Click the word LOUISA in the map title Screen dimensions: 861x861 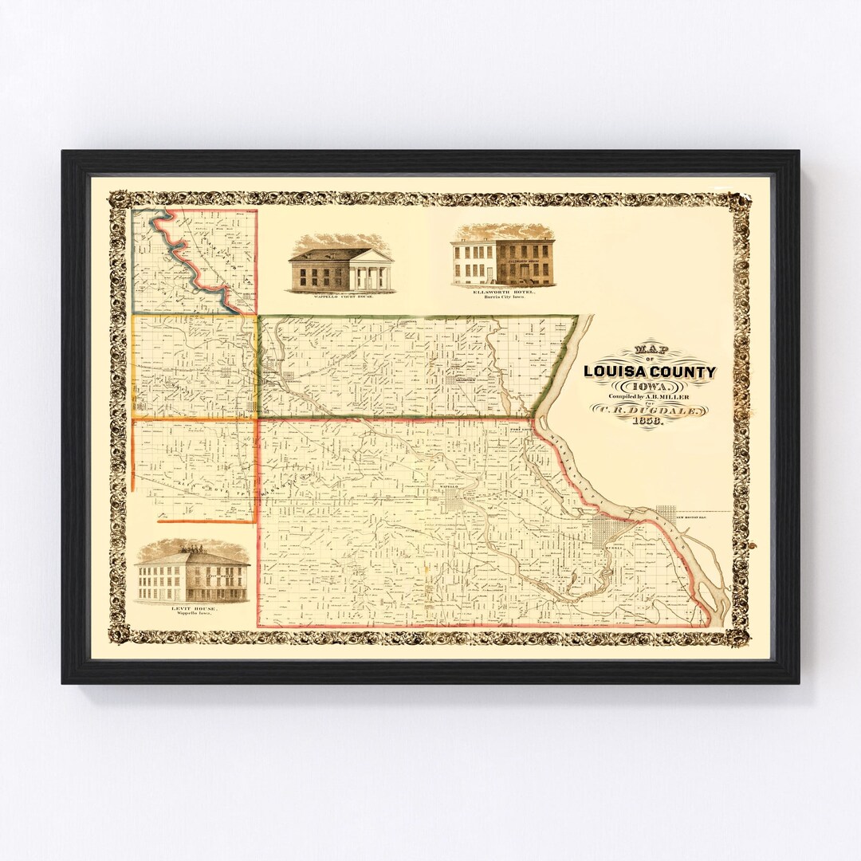(615, 372)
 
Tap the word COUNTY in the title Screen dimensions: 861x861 (682, 372)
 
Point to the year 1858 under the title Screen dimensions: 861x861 (649, 423)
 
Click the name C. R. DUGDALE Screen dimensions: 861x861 (649, 410)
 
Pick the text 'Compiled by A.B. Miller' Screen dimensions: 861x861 (649, 396)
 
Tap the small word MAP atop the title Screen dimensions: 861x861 (649, 349)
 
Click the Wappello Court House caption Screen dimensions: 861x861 (340, 295)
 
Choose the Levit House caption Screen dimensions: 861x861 (192, 608)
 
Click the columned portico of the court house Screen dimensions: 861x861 (373, 273)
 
